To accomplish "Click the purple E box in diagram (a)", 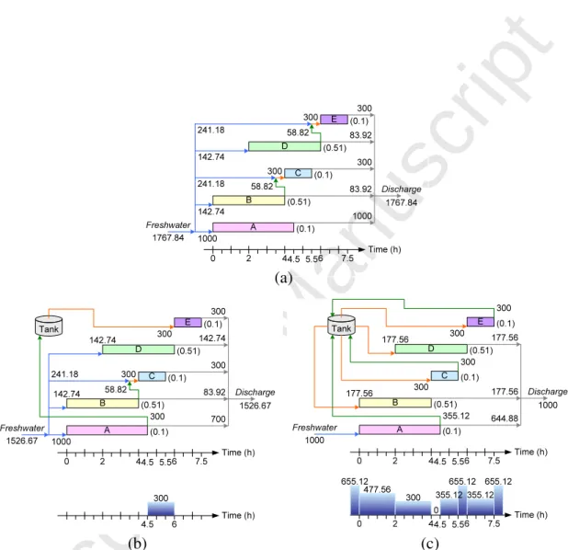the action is point(334,120).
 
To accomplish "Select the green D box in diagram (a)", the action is point(284,146).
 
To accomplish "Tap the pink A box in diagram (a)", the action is point(253,227).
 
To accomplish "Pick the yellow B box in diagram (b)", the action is point(103,403).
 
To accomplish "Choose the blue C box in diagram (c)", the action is point(445,375).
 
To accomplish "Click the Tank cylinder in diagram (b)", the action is point(49,326).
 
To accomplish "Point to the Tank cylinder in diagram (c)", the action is point(341,326).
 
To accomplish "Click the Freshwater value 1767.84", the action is point(168,238).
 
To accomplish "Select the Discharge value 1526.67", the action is point(255,406).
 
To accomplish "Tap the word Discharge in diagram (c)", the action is point(548,392).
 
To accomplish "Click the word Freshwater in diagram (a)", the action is point(168,225).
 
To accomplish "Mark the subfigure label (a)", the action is point(283,278).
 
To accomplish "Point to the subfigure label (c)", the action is point(430,544).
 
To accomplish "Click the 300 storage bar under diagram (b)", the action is point(161,509).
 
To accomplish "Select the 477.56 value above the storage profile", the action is point(377,489).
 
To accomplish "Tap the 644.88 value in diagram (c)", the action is point(505,418).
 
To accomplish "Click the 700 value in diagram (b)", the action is point(218,419).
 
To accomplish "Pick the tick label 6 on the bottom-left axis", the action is point(175,524).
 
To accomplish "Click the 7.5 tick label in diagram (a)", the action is point(347,258).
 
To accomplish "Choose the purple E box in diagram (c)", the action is point(481,322).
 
